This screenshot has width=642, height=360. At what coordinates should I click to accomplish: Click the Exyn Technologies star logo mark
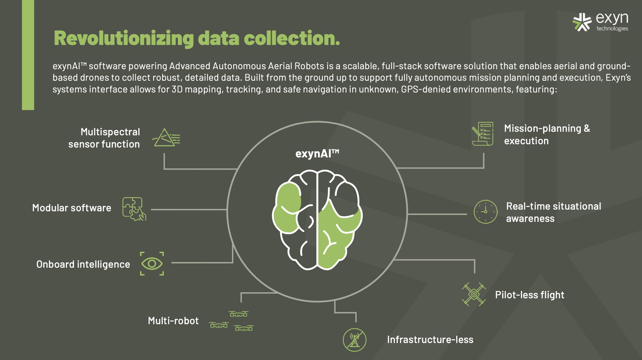click(x=582, y=22)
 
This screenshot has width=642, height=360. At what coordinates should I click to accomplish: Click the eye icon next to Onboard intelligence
click(x=152, y=264)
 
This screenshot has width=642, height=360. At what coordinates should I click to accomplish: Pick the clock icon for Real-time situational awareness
click(x=485, y=212)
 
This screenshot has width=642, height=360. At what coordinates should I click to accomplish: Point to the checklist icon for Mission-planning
click(x=482, y=134)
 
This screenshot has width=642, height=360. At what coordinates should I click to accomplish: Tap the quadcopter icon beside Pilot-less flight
click(x=474, y=294)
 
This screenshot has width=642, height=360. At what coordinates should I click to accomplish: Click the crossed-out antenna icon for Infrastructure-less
click(x=354, y=340)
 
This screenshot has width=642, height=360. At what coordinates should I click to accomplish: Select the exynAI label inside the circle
click(x=317, y=154)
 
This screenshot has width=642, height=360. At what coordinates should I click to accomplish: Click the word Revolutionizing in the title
click(x=124, y=39)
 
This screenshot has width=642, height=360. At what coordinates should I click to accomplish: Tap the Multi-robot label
click(x=173, y=321)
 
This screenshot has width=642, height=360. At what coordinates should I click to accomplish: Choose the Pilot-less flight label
click(x=529, y=295)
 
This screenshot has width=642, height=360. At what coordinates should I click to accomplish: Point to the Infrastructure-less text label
click(x=430, y=339)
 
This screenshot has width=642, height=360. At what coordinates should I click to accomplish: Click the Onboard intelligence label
click(x=83, y=264)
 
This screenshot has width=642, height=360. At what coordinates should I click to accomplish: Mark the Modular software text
click(x=72, y=208)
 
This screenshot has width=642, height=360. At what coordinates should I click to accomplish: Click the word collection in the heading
click(x=291, y=39)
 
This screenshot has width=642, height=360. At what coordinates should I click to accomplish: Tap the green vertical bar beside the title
click(x=28, y=55)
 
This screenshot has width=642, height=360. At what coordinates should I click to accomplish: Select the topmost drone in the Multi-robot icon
click(x=239, y=314)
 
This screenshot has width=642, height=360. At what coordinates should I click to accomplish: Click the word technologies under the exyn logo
click(x=612, y=29)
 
